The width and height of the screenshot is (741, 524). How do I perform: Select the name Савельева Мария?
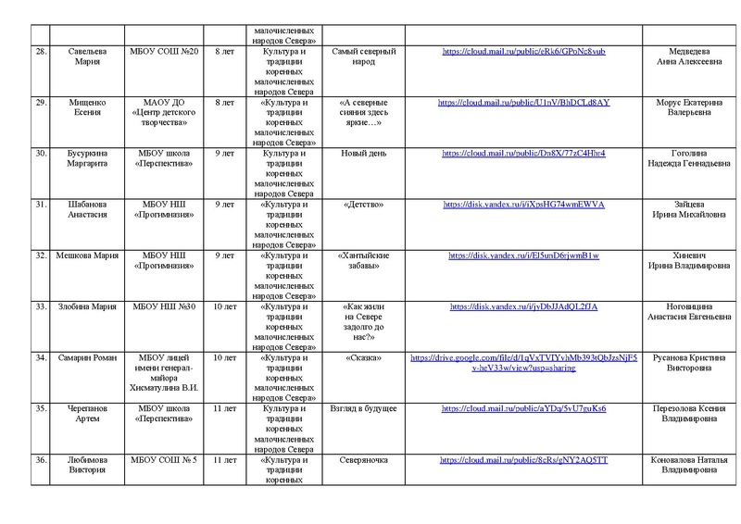[86, 58]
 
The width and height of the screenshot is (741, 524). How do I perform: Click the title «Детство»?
[363, 204]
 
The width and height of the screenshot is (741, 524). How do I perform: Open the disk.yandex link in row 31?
[524, 204]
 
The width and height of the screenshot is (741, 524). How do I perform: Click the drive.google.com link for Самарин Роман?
[524, 362]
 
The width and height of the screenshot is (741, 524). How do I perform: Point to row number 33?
[40, 306]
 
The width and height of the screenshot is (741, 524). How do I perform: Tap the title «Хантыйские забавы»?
[363, 260]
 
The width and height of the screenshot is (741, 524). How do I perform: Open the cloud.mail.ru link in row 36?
[524, 459]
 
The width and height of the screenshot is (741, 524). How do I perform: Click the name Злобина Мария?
[86, 306]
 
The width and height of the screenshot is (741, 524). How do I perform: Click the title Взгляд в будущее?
[363, 407]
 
